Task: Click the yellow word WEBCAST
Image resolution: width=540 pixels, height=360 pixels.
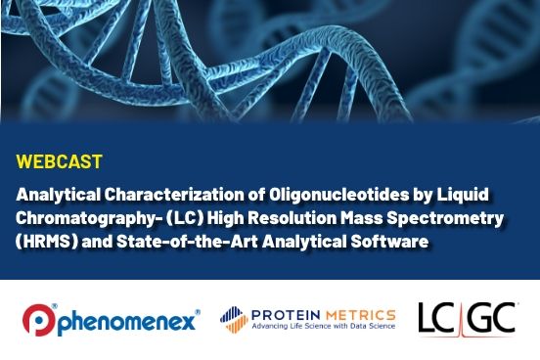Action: tap(60, 159)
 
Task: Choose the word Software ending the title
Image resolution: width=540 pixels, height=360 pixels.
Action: tap(392, 242)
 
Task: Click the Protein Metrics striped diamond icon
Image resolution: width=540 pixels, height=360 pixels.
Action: tap(231, 319)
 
